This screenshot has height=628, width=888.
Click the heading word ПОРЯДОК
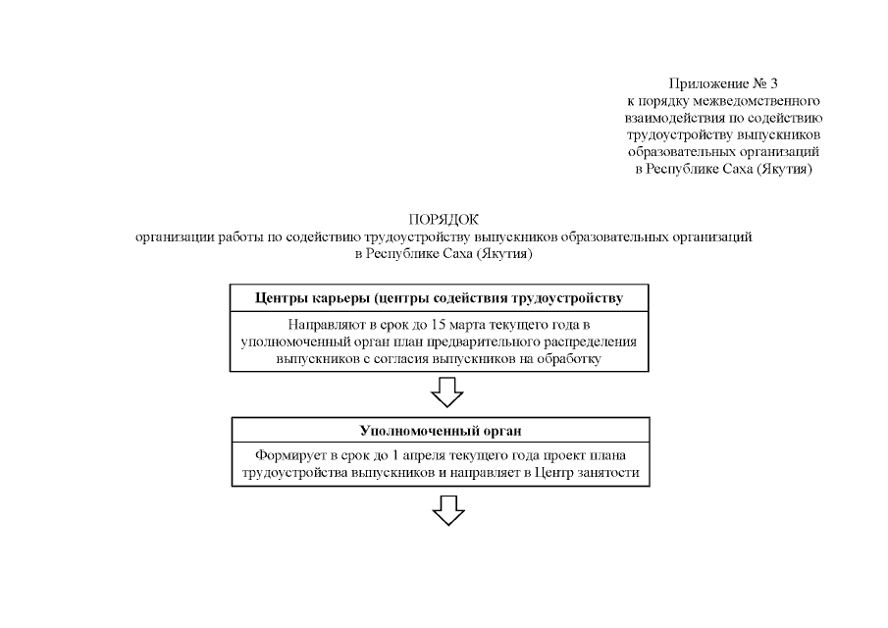click(x=444, y=219)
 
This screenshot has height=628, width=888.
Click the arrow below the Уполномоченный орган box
click(x=447, y=510)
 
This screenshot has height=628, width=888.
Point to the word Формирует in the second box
click(x=287, y=456)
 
